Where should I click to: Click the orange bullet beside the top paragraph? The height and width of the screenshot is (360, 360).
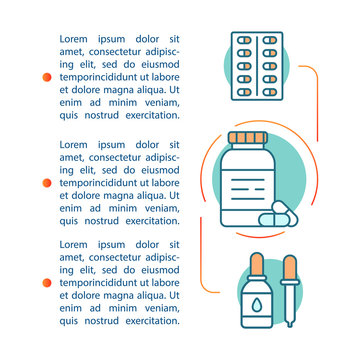tap(44, 76)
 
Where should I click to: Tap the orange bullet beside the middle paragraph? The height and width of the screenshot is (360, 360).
tap(44, 183)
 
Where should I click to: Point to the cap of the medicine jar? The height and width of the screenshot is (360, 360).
tap(246, 137)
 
